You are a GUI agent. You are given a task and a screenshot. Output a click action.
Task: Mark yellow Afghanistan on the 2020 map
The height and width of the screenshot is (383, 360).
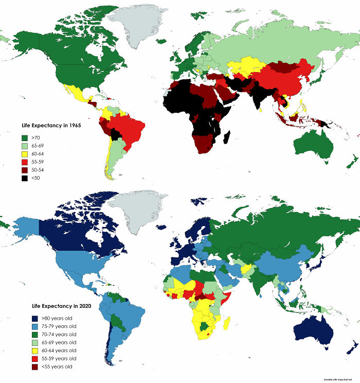[247, 269]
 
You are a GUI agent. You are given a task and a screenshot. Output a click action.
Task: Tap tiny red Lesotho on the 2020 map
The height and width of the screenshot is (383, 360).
[208, 334]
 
